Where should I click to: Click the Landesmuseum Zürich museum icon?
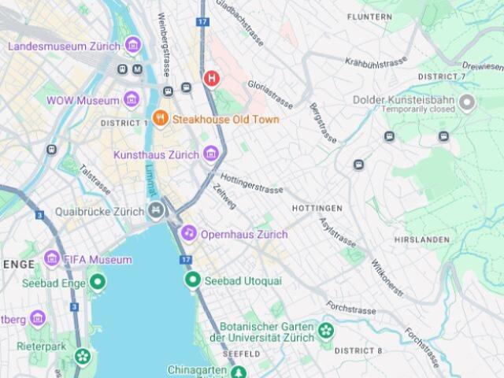(x=132, y=45)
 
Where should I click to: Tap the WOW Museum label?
(x=82, y=100)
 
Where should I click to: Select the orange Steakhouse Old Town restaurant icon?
(x=161, y=119)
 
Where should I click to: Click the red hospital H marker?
(x=211, y=78)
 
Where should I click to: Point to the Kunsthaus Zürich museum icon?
(x=210, y=154)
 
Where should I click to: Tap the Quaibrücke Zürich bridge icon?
(x=156, y=211)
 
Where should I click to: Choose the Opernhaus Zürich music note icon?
(x=188, y=233)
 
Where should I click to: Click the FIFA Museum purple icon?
(x=53, y=258)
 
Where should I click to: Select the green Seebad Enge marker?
(x=98, y=281)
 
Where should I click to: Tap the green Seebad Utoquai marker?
(x=192, y=280)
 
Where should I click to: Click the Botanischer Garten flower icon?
(x=326, y=330)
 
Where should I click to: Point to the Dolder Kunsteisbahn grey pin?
(x=467, y=102)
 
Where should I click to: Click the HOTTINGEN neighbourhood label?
(x=317, y=209)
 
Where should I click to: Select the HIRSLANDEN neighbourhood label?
(x=421, y=239)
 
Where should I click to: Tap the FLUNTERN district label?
(x=369, y=17)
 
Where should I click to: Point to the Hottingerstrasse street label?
(x=252, y=184)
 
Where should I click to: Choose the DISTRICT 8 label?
(x=358, y=350)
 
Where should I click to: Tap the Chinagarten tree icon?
(x=239, y=371)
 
